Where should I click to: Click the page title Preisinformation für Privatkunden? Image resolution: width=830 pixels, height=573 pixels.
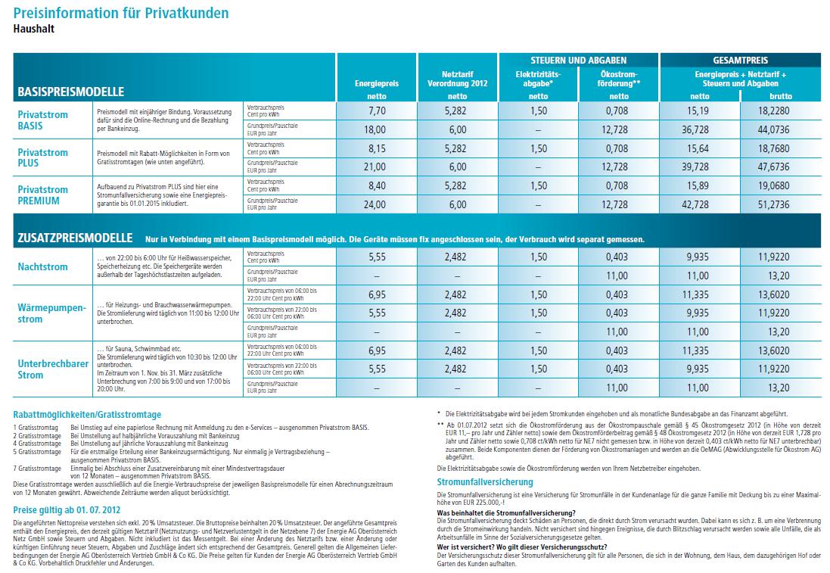pyautogui.click(x=121, y=14)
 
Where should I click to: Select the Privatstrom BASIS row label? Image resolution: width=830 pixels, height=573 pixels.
pyautogui.click(x=43, y=120)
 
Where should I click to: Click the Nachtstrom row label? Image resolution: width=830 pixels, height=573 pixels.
pyautogui.click(x=43, y=266)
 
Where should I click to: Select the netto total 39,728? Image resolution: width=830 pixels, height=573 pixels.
pyautogui.click(x=689, y=167)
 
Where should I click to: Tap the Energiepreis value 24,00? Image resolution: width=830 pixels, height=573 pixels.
pyautogui.click(x=377, y=204)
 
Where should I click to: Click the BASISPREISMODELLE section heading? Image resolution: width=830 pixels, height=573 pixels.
pyautogui.click(x=70, y=92)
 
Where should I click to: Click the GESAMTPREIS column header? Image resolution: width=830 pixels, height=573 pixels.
pyautogui.click(x=740, y=59)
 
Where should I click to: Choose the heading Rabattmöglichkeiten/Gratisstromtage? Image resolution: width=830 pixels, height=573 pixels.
pyautogui.click(x=87, y=415)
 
